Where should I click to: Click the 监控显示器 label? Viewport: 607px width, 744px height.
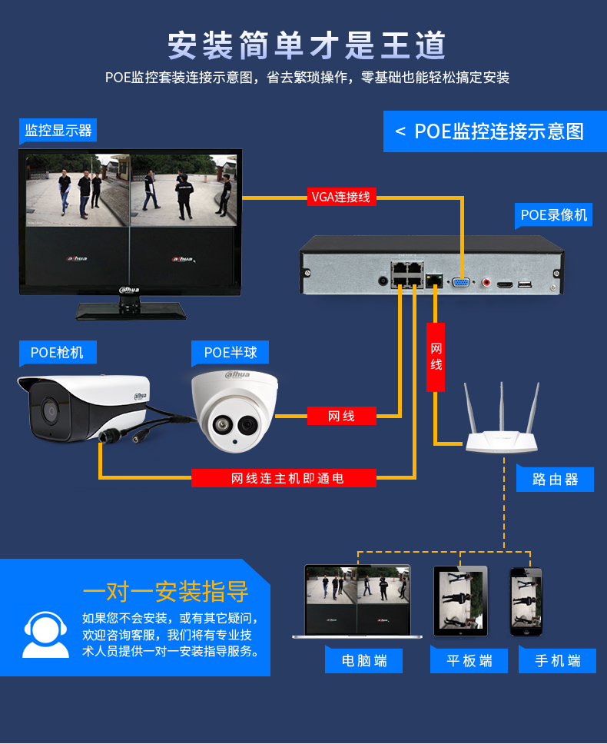coord(58,131)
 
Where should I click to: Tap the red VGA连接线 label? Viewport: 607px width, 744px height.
coord(340,197)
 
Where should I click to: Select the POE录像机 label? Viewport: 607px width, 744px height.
coord(554,215)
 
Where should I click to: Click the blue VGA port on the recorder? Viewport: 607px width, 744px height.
coord(462,283)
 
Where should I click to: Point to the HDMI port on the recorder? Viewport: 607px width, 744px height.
coord(505,284)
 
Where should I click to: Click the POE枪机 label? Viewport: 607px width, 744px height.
coord(58,353)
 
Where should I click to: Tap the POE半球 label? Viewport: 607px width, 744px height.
coord(231,353)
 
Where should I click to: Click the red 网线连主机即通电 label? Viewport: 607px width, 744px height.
coord(284,478)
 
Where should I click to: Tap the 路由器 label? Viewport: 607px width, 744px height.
coord(555,480)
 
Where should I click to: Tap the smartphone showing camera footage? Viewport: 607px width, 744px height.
coord(526,601)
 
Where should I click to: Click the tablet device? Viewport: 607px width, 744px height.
coord(460,601)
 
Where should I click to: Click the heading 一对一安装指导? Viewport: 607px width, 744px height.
coord(166,592)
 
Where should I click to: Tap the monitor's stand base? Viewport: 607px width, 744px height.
coord(131,314)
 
